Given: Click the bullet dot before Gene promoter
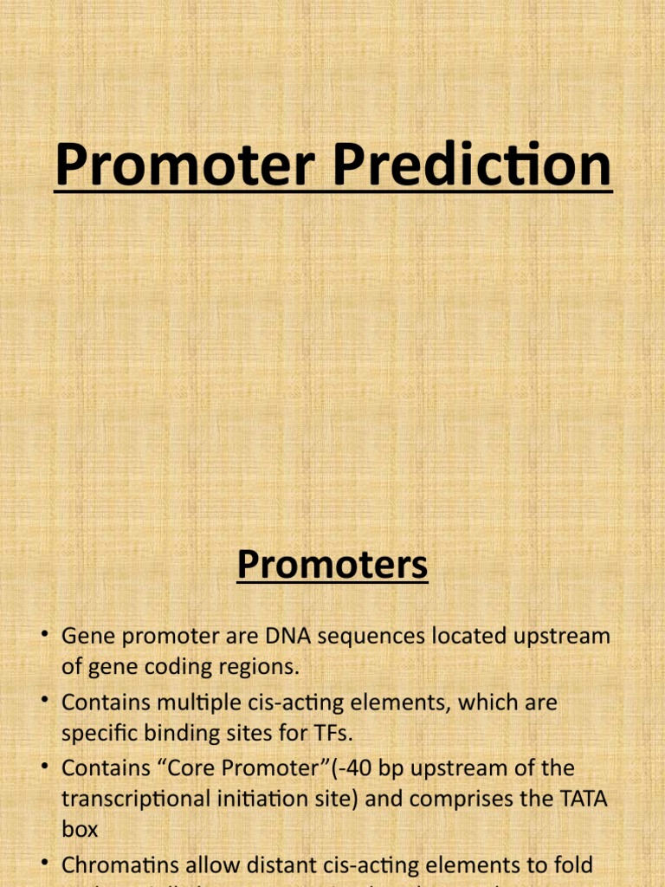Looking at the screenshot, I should coord(42,637).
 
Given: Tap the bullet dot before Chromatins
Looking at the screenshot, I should coord(42,864).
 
